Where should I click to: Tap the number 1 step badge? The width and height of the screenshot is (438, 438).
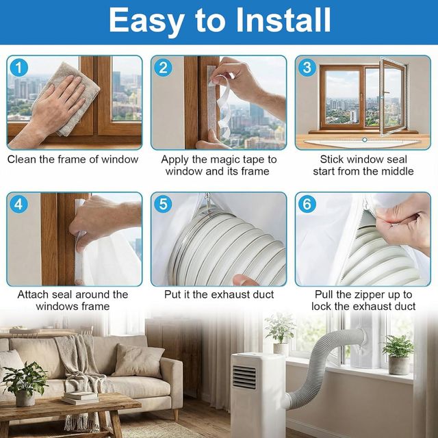19,68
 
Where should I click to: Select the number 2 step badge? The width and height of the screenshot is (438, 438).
163,68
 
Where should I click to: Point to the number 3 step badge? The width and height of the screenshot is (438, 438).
307,68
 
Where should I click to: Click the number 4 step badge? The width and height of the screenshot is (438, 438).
19,205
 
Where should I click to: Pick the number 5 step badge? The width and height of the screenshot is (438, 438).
163,205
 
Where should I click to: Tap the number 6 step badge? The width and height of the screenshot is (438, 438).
307,205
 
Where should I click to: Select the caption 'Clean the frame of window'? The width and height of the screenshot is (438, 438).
73,159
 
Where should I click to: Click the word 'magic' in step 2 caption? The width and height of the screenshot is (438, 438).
227,159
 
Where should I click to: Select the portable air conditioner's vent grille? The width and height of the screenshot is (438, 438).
244,377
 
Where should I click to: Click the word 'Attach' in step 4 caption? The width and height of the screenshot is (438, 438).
34,294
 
